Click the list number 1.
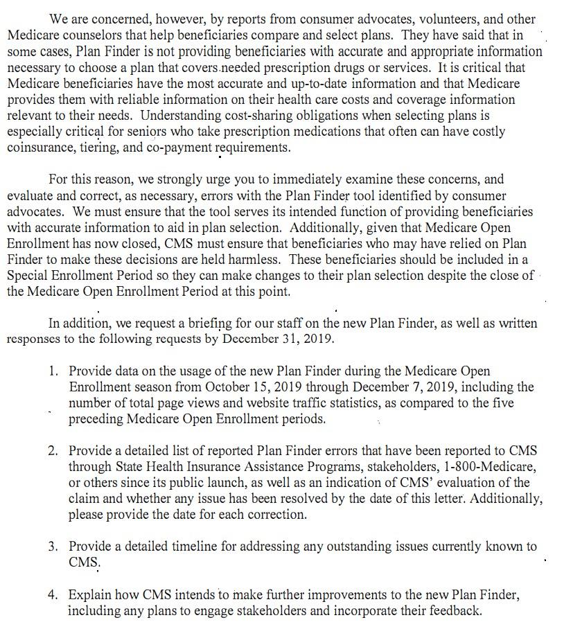(53, 371)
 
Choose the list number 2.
(53, 451)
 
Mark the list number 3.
(53, 547)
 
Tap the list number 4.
(53, 595)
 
